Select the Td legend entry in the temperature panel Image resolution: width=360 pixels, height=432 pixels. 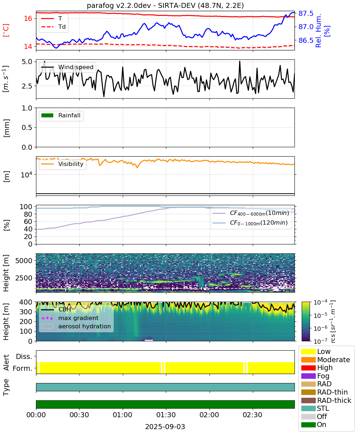pos(53,27)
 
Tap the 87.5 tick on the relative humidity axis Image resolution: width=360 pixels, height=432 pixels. pos(306,14)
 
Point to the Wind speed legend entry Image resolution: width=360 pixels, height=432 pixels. pos(67,67)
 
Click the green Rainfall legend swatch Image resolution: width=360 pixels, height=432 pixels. pos(48,116)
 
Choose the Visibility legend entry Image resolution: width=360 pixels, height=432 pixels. pos(62,164)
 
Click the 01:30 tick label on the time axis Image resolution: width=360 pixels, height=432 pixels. pos(166,415)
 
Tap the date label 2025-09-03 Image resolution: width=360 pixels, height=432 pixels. pos(165,427)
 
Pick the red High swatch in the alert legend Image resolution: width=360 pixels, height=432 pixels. pos(308,368)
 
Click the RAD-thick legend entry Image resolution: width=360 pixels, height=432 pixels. pos(326,400)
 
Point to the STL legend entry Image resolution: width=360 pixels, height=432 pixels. pos(315,408)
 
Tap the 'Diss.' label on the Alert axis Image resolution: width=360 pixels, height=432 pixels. pos(24,356)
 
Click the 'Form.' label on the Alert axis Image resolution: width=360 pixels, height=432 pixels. pos(23,369)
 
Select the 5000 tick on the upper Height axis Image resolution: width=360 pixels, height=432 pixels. pos(24,261)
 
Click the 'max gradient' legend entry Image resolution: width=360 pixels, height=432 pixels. pos(70,318)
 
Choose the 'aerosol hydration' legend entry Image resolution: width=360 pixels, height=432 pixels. pos(76,326)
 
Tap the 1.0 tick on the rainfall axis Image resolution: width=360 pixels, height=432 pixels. pos(27,108)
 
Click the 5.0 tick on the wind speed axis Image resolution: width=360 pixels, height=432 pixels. pos(27,62)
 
